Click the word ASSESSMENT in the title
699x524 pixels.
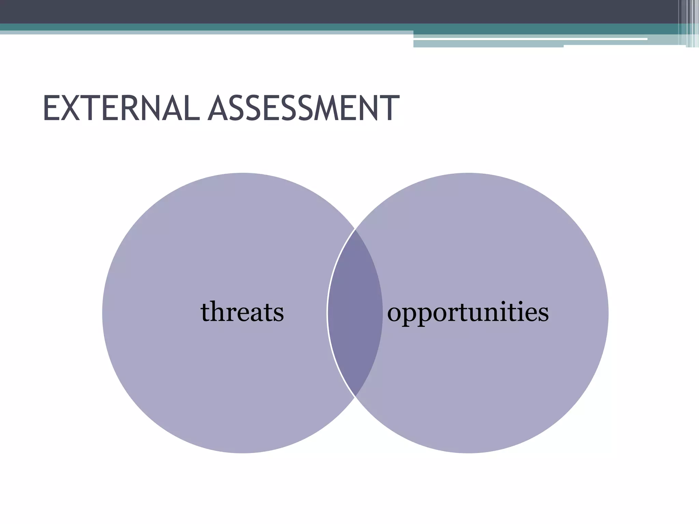click(303, 108)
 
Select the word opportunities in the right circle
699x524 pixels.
click(468, 312)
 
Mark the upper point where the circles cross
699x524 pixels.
click(355, 229)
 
